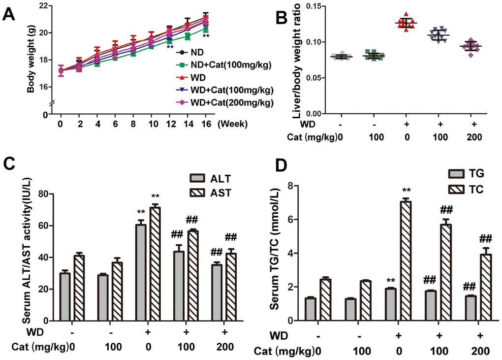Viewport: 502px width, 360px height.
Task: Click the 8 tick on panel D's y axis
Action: click(x=290, y=186)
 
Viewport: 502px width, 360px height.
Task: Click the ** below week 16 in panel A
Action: click(x=206, y=36)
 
